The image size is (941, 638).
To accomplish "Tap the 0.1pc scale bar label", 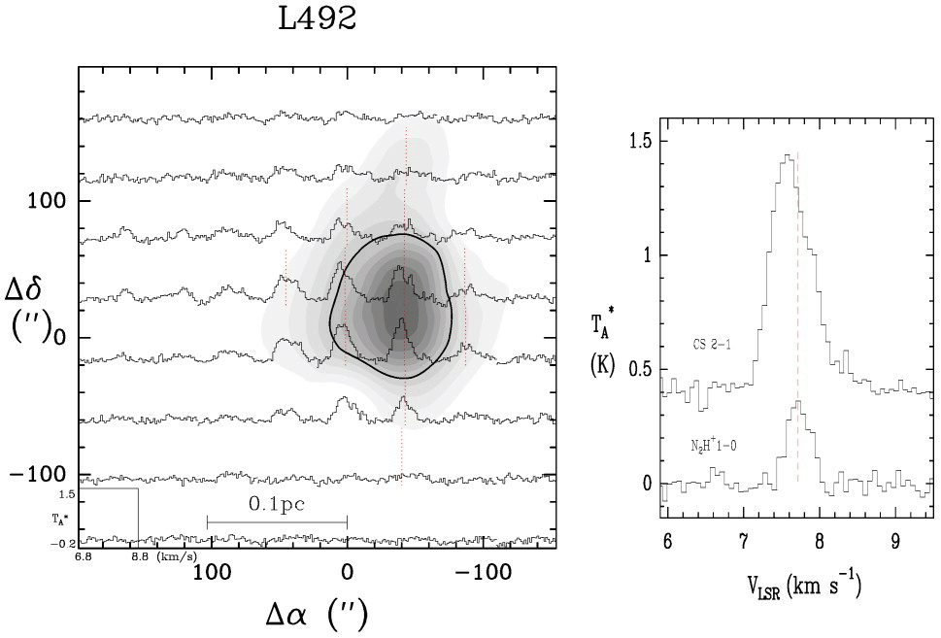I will [277, 504].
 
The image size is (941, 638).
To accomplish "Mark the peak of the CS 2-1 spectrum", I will [786, 155].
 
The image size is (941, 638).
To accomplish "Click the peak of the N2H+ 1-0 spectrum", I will [796, 401].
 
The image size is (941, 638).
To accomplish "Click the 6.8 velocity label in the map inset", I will [83, 557].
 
